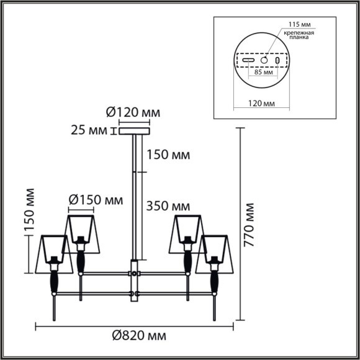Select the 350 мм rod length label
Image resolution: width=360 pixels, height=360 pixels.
click(x=168, y=205)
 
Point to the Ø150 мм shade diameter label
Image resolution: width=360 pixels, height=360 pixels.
click(x=95, y=200)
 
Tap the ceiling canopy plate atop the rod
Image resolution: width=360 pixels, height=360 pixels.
click(x=134, y=131)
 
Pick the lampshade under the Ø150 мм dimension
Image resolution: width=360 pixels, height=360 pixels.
click(x=84, y=230)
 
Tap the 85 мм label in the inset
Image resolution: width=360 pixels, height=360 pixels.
click(x=264, y=73)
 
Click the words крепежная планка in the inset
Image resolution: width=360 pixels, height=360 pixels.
click(x=299, y=36)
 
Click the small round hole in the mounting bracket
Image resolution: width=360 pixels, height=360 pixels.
click(x=264, y=61)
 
